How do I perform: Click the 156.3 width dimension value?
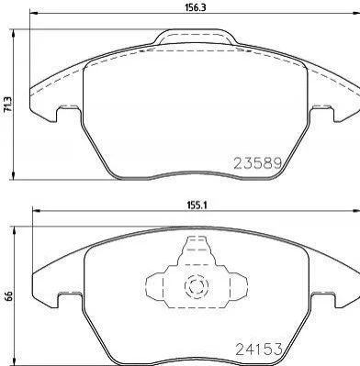click(195, 7)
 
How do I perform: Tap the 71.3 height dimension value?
click(7, 105)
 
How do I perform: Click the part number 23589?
click(258, 163)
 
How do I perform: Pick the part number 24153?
click(258, 349)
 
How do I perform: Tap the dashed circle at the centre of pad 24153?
click(195, 286)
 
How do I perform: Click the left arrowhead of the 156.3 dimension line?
click(34, 13)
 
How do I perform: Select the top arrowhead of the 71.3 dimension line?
click(13, 34)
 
